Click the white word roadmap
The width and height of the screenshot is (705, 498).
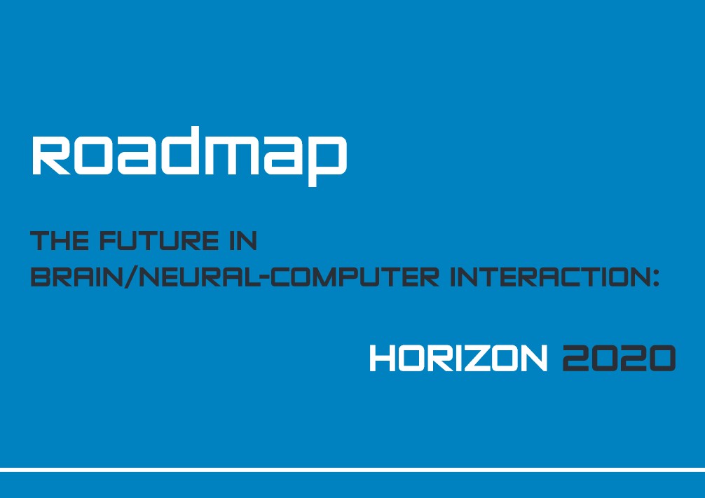pyautogui.click(x=189, y=156)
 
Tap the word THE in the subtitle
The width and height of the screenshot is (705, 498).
pyautogui.click(x=60, y=240)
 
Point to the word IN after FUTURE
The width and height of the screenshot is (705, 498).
pyautogui.click(x=242, y=240)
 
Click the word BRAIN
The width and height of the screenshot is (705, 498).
pyautogui.click(x=76, y=277)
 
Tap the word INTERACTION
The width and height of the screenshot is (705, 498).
pyautogui.click(x=547, y=277)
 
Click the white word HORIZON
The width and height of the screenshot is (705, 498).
pyautogui.click(x=458, y=358)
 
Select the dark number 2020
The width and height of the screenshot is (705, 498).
pyautogui.click(x=619, y=358)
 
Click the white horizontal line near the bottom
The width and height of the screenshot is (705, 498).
pyautogui.click(x=352, y=470)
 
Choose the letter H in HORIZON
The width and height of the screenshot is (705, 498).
pyautogui.click(x=383, y=358)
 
